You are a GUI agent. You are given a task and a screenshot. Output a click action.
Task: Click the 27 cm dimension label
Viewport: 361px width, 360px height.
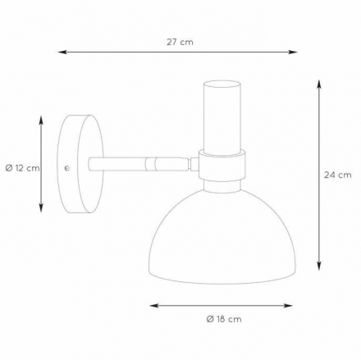[x=180, y=42]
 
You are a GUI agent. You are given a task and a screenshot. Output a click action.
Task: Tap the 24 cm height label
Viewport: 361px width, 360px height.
[x=338, y=175]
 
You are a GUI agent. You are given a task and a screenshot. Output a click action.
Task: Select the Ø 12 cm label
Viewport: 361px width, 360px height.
[x=22, y=168]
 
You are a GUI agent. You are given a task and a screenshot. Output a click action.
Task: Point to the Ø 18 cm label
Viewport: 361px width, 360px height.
[x=224, y=319]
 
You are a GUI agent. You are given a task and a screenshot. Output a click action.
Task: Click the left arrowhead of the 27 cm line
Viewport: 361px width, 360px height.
[x=62, y=52]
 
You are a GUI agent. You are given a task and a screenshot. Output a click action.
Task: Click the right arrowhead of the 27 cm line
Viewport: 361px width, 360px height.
[x=293, y=52]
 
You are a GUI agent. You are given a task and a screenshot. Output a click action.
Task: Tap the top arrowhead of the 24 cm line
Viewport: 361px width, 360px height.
[x=319, y=84]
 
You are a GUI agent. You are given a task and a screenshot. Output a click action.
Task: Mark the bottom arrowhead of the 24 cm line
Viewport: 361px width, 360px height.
[x=319, y=266]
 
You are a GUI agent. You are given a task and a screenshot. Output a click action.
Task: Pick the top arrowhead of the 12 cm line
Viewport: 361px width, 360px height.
[x=41, y=121]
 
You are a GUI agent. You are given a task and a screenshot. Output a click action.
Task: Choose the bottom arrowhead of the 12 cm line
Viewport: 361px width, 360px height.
[x=41, y=207]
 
